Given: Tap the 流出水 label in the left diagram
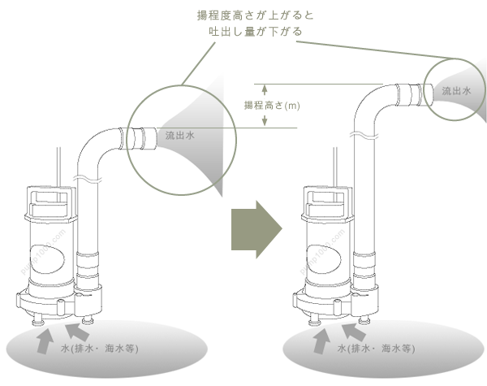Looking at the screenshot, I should (x=179, y=136).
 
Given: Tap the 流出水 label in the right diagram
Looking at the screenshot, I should (x=457, y=92).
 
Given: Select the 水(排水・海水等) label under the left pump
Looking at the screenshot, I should (x=102, y=350).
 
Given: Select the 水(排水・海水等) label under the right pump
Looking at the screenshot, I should (x=377, y=350).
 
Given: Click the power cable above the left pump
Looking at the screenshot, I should (x=58, y=167).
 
